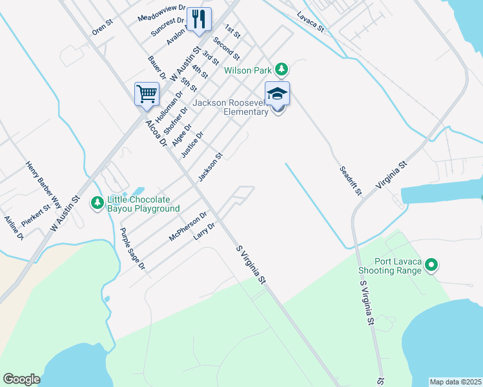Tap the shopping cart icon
(147, 94)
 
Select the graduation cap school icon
(278, 94)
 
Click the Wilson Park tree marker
(281, 68)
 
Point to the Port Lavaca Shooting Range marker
(432, 264)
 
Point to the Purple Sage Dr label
(134, 248)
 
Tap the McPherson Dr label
(187, 226)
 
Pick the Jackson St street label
(211, 167)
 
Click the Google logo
(21, 379)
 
